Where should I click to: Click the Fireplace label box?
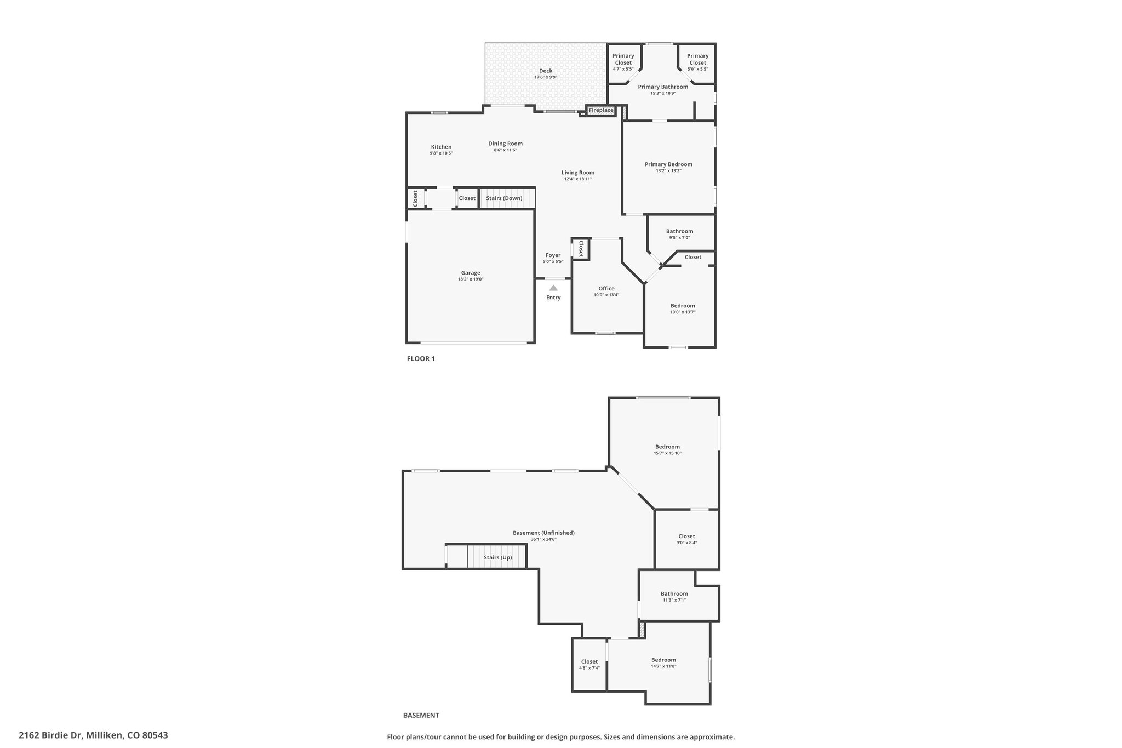point(601,111)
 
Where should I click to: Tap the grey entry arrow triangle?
point(553,288)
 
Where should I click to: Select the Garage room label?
point(471,273)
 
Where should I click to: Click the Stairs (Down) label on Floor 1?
point(504,198)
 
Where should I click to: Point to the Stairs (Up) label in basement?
point(498,558)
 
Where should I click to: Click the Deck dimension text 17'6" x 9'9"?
point(546,77)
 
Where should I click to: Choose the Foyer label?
point(553,255)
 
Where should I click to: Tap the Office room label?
point(606,289)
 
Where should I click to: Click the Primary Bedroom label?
point(668,164)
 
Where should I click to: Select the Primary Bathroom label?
point(663,87)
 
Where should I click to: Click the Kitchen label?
point(441,147)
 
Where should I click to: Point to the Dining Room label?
point(506,144)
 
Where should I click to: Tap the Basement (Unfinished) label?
point(543,533)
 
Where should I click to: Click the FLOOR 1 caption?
point(421,359)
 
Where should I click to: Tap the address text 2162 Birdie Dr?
point(50,735)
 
